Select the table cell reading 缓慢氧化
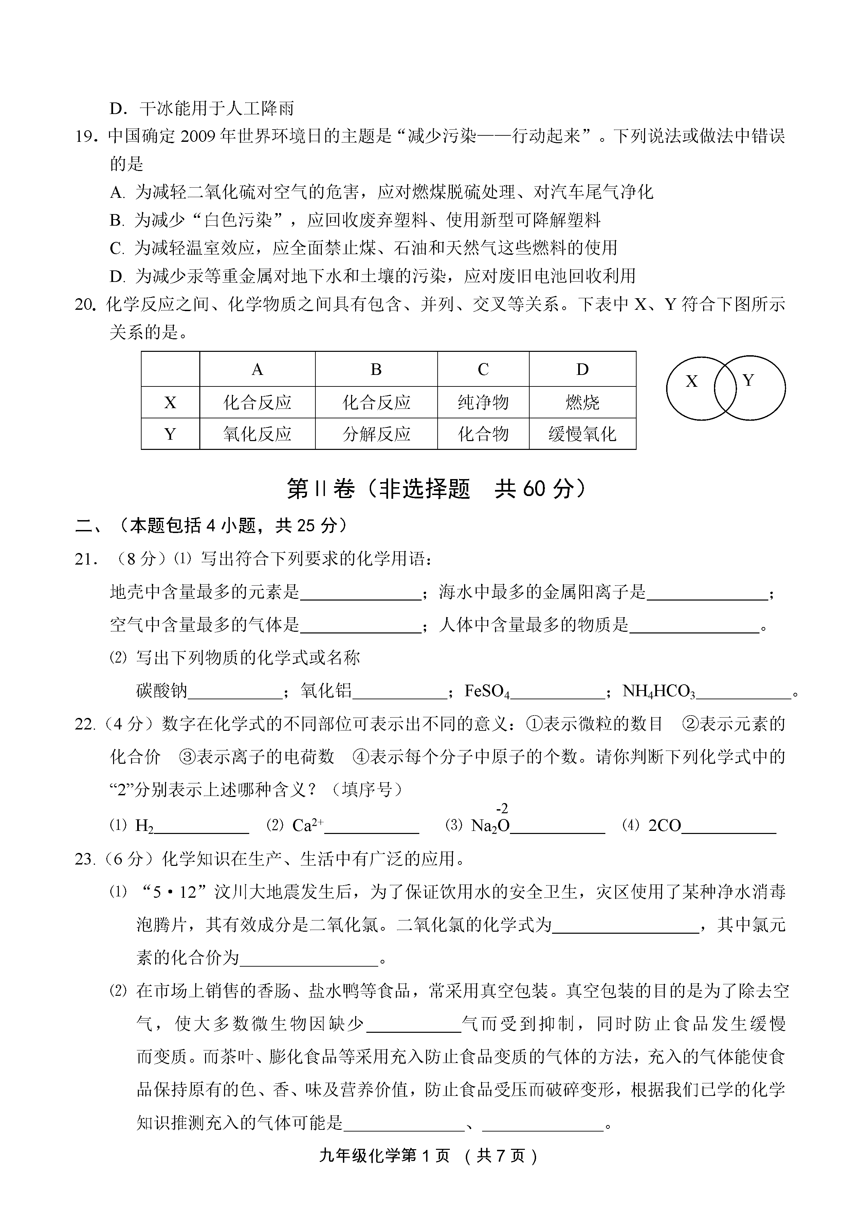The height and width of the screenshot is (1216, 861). click(x=582, y=434)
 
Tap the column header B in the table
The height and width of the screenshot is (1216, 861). click(x=376, y=369)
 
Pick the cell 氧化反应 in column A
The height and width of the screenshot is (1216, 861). click(x=257, y=434)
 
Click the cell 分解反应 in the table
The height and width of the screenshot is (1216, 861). click(x=376, y=434)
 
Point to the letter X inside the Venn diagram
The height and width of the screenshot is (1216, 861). click(x=691, y=381)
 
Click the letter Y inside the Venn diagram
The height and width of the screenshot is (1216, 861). click(x=748, y=380)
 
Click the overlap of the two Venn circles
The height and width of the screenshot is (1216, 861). click(x=725, y=388)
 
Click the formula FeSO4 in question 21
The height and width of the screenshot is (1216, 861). click(x=487, y=691)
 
